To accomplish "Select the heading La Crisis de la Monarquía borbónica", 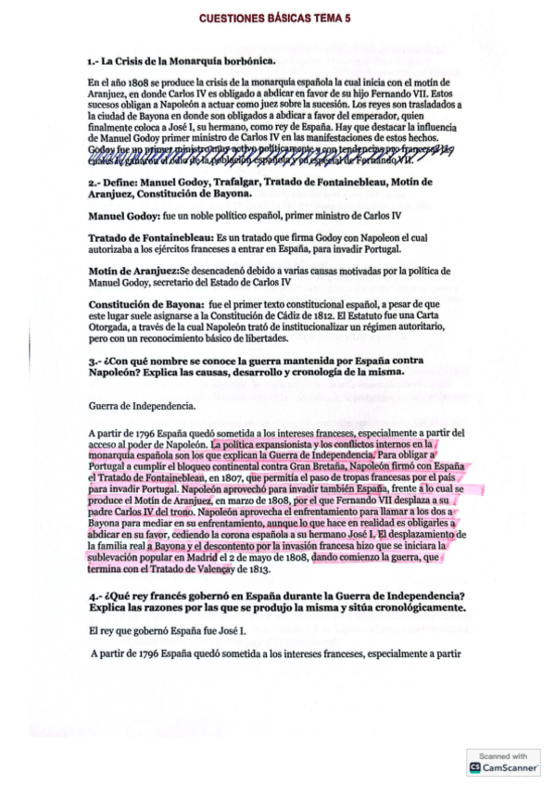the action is click(x=182, y=61).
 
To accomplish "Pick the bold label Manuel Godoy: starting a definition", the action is click(x=121, y=215).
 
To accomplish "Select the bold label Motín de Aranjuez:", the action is click(x=133, y=271).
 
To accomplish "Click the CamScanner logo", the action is click(x=504, y=767).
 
